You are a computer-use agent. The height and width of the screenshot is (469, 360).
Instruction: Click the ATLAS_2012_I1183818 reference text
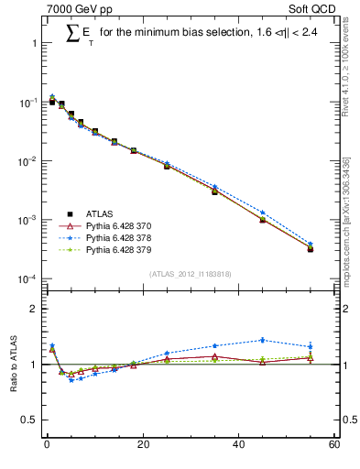189,273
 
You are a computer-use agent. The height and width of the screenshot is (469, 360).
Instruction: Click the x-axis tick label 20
142,446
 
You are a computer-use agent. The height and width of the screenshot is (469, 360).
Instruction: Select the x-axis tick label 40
238,446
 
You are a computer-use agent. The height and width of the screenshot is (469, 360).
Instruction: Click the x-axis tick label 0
46,446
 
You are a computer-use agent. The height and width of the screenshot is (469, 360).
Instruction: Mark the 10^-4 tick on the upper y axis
28,278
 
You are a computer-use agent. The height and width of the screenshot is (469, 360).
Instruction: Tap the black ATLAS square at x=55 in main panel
311,248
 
